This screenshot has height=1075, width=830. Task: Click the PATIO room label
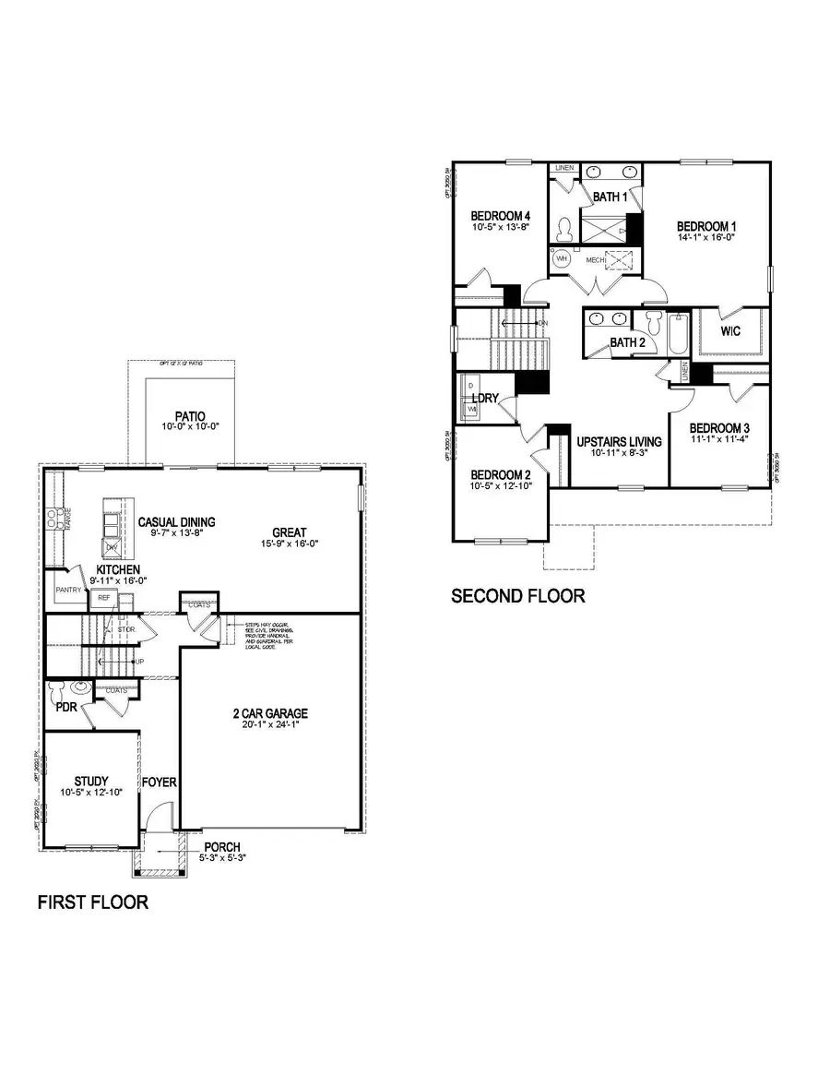point(188,416)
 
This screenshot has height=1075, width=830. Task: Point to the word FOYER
point(159,782)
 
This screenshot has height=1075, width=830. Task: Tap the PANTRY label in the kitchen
point(68,590)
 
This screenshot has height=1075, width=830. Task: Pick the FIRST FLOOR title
point(92,902)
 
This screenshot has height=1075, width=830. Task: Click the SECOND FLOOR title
point(517,596)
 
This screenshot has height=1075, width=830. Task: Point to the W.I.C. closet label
point(730,330)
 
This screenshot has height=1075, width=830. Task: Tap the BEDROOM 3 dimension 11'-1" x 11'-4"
point(719,439)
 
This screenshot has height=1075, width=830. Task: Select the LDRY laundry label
point(486,398)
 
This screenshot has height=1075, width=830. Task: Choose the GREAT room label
point(289,532)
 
